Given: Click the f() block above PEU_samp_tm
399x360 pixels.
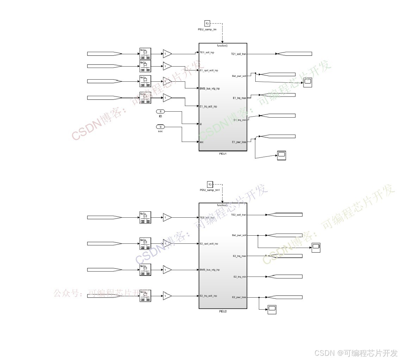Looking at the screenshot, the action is [207, 24].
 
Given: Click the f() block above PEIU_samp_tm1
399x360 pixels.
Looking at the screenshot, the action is [210, 185].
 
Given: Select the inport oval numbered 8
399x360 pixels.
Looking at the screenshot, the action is [161, 111].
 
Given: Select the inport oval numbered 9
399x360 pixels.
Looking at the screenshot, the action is [161, 127].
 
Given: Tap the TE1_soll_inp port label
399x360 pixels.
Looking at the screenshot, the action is [207, 52].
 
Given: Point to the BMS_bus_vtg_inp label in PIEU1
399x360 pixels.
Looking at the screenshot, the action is [210, 88].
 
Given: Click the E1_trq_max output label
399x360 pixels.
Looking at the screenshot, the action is [239, 98].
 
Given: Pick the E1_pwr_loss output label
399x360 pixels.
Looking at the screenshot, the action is [239, 142].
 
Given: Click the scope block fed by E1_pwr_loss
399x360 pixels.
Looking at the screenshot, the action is [281, 155].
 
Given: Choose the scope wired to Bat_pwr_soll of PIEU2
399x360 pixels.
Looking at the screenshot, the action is [316, 248].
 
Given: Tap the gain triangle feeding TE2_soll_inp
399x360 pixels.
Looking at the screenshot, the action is [167, 217].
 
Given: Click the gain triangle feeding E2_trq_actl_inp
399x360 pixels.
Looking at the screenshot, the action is [167, 296].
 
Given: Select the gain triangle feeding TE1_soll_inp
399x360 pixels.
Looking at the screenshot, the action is [167, 54].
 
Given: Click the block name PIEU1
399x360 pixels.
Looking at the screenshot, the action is [223, 154].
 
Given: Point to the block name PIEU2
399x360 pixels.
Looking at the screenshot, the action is [223, 311].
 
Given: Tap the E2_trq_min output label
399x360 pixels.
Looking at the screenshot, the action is [239, 277].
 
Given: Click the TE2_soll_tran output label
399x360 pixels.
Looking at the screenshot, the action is [238, 215].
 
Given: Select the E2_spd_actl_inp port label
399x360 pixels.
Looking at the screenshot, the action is [209, 243].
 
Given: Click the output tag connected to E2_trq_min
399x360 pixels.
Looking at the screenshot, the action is [285, 277].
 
